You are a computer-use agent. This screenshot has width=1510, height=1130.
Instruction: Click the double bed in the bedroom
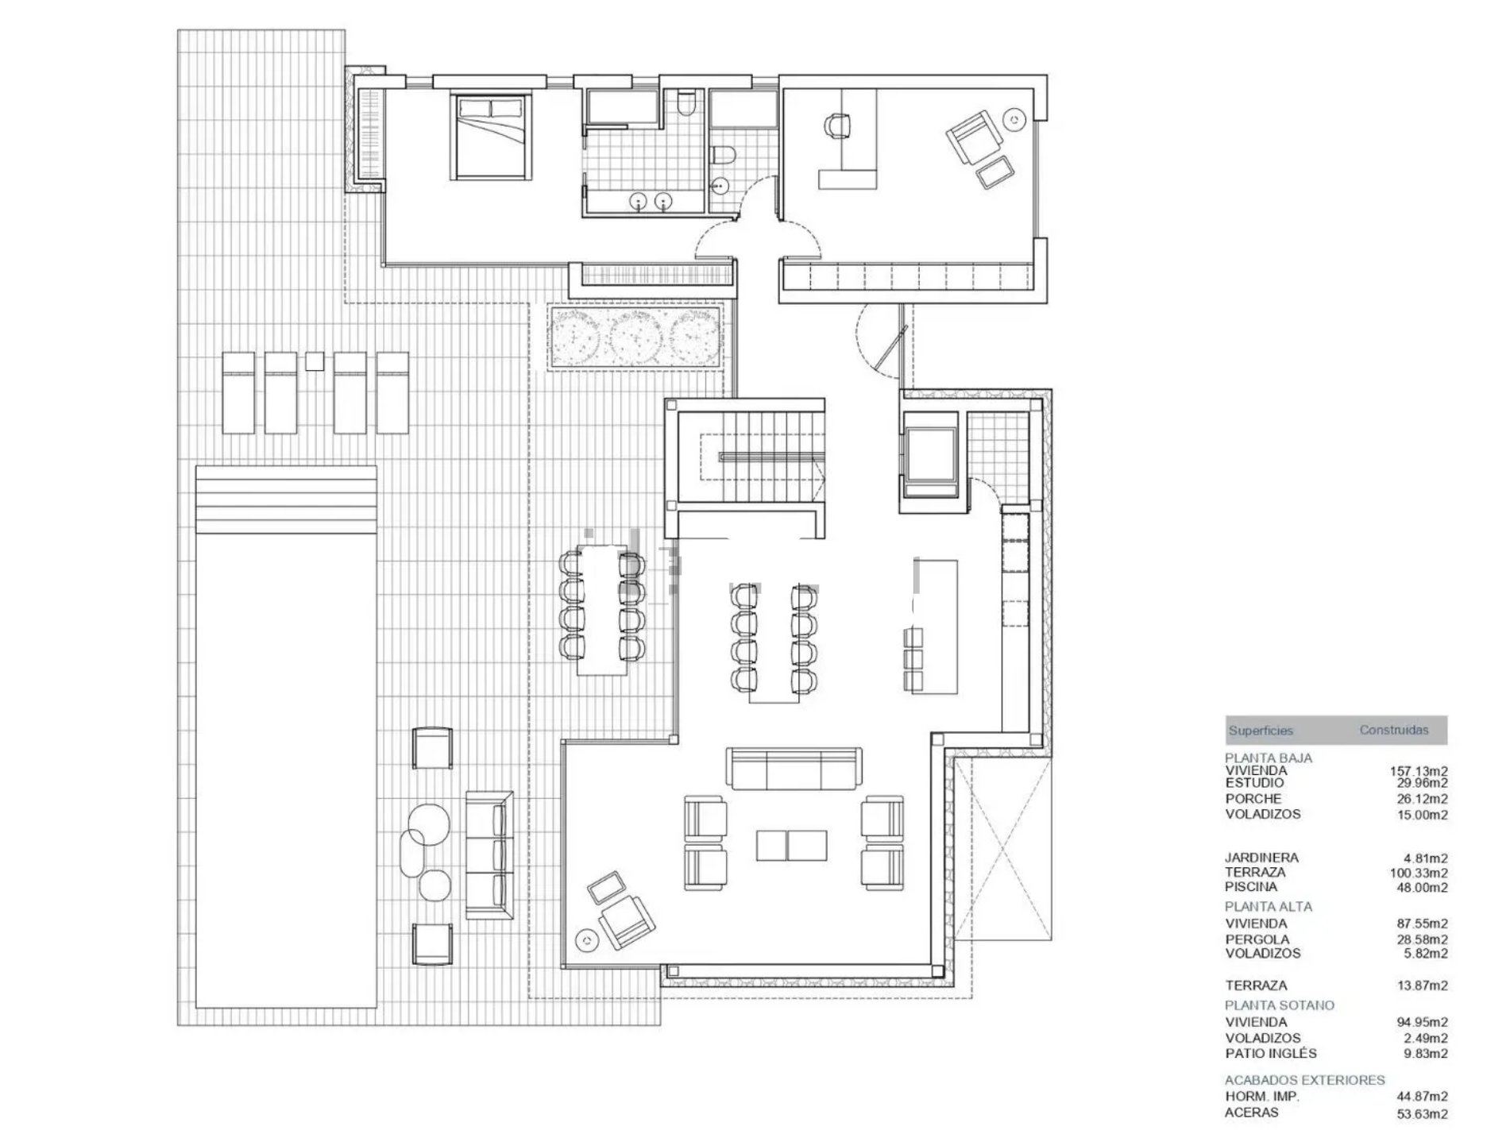(489, 137)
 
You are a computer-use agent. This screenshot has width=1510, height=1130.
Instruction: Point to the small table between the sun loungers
(315, 361)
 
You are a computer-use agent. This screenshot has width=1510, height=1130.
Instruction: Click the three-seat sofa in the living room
(793, 768)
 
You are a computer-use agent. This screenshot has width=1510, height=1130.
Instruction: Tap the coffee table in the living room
(791, 845)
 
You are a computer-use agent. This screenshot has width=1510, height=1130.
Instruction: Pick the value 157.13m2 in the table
(1419, 771)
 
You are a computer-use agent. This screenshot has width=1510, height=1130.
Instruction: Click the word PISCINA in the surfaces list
(1251, 886)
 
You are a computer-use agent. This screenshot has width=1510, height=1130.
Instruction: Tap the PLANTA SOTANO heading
(1280, 1005)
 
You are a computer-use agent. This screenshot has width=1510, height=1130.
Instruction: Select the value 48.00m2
(1422, 887)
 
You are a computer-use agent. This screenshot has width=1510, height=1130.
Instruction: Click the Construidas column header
(1394, 730)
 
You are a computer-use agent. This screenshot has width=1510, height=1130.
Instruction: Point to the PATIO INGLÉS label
(1271, 1053)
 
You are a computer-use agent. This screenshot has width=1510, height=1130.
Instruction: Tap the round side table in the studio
(1015, 119)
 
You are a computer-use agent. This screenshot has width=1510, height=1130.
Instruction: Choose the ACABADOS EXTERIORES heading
(1305, 1080)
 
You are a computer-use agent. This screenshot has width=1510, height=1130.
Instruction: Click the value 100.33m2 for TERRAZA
(1419, 873)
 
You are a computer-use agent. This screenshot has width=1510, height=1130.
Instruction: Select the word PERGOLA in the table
(1257, 939)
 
